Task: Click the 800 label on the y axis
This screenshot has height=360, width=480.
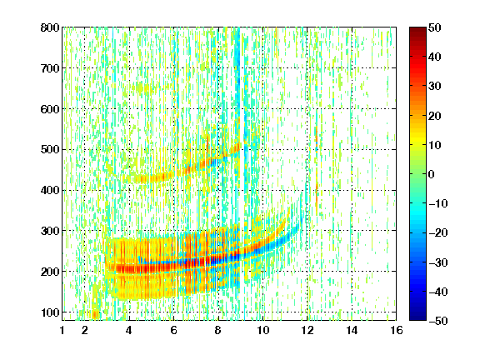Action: [50, 27]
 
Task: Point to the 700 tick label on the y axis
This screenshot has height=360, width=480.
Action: [50, 68]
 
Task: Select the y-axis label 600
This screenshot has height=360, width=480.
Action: [50, 109]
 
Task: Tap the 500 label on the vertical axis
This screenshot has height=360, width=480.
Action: [50, 150]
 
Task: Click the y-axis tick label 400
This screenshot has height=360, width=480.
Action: [50, 190]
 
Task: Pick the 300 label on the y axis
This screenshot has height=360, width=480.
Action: [50, 231]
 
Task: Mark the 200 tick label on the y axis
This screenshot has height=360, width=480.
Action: [50, 272]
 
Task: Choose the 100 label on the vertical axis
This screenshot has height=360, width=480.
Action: [50, 312]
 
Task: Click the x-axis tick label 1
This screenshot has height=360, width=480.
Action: [62, 330]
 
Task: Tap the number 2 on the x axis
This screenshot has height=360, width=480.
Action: [85, 330]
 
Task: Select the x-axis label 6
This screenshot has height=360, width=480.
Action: [173, 330]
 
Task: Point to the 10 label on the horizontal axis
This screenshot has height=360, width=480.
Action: [262, 330]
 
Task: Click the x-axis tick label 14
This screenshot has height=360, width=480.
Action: [352, 330]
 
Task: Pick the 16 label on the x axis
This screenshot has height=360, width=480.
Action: [397, 330]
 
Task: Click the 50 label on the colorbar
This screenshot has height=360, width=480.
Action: [434, 27]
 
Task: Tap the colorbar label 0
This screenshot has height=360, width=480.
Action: [432, 174]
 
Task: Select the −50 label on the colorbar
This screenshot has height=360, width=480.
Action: [438, 321]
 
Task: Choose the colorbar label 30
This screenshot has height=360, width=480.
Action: [434, 87]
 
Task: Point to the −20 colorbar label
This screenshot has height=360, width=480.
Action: [438, 232]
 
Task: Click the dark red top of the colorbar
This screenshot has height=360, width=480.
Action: [417, 30]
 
